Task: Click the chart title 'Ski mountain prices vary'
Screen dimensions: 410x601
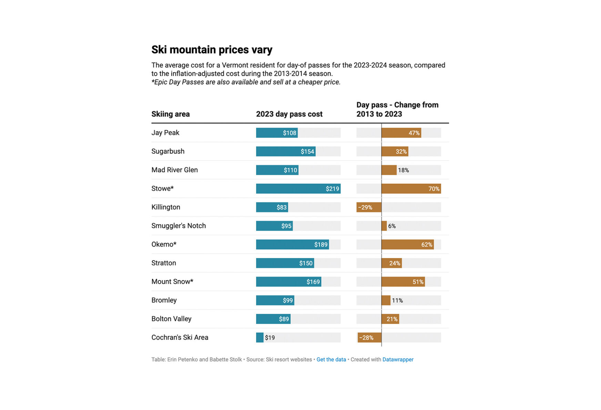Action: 212,50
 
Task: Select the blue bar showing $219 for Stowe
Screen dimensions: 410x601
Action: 298,189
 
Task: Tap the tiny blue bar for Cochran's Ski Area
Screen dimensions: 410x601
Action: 259,338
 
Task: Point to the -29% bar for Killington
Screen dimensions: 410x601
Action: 369,207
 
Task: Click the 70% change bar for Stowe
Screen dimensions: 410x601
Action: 411,189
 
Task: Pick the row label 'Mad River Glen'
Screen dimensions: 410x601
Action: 174,170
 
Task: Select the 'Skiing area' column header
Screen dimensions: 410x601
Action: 171,114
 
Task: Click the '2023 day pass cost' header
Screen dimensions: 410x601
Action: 289,114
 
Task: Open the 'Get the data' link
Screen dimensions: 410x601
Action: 331,359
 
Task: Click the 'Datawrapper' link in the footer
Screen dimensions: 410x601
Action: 398,359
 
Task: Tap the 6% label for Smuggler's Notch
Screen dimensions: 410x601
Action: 392,226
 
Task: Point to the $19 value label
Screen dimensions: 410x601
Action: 270,338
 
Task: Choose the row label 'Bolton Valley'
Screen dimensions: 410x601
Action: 171,319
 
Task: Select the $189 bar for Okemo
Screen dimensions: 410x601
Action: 292,244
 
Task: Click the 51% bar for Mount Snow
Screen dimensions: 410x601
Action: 403,282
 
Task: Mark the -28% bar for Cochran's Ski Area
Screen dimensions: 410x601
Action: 369,338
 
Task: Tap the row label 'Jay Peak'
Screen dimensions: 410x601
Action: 165,133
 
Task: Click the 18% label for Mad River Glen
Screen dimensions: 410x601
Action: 403,170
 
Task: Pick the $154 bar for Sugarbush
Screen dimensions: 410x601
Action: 285,151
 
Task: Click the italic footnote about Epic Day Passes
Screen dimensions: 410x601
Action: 246,82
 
